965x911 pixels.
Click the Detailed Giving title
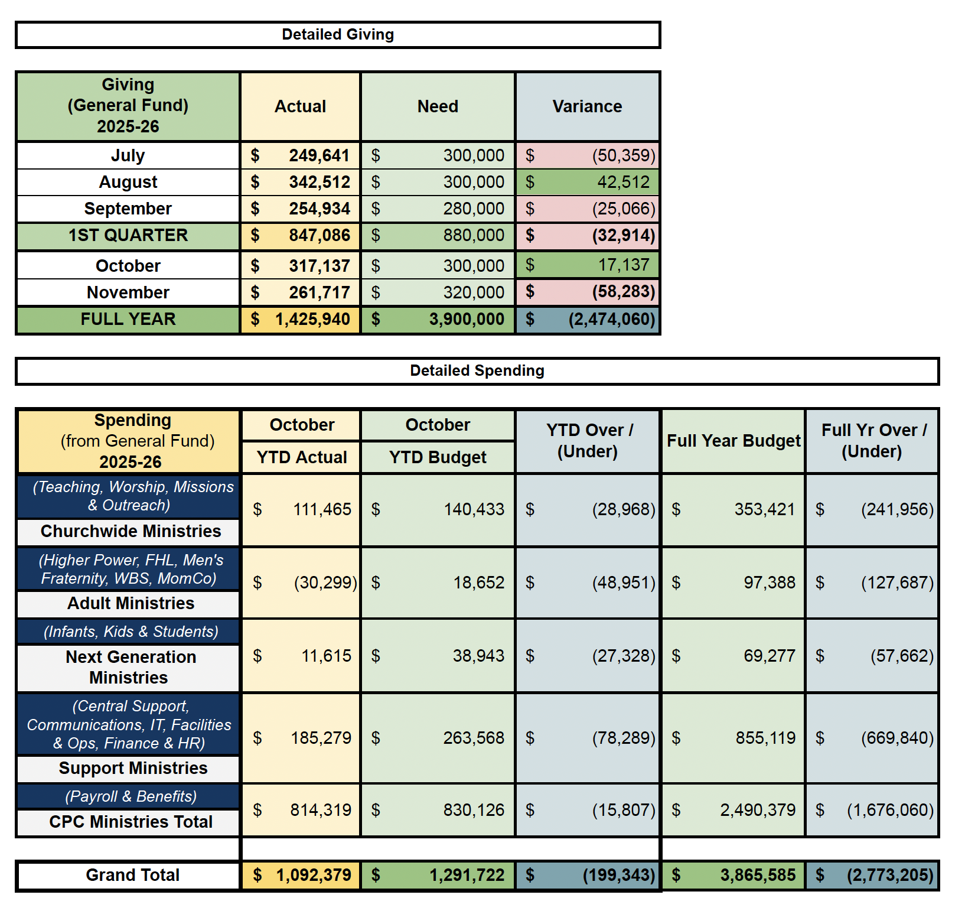(338, 35)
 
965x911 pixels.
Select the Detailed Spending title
(477, 371)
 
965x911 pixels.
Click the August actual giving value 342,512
(319, 182)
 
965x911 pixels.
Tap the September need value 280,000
(474, 209)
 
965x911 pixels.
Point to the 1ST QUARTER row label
(128, 235)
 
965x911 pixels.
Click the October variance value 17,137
(624, 265)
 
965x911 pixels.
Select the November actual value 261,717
(319, 292)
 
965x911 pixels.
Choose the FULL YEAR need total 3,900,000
(467, 319)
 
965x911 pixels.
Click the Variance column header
(587, 106)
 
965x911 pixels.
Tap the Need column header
(438, 106)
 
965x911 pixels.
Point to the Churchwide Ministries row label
(131, 531)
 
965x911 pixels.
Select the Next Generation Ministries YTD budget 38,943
(478, 656)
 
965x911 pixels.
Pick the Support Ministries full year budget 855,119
(765, 738)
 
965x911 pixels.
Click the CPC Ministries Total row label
(131, 822)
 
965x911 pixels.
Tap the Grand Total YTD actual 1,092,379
(313, 875)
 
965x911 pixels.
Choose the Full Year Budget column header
(733, 441)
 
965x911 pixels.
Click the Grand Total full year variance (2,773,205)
(890, 875)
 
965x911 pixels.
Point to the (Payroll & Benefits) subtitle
(131, 796)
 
